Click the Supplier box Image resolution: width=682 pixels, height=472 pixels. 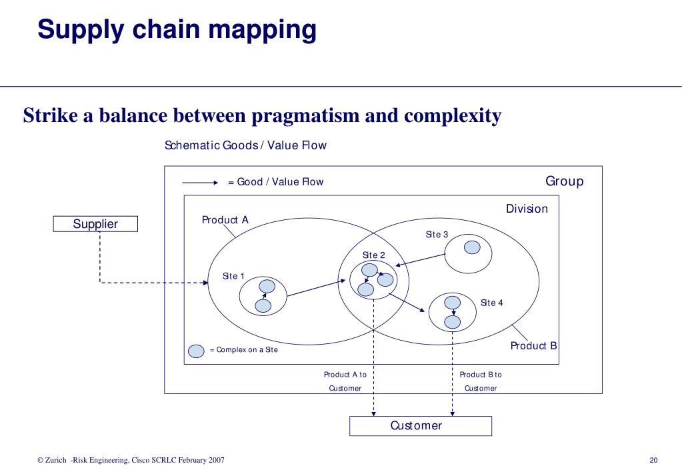tap(95, 224)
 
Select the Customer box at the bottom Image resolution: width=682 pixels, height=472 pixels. tap(420, 425)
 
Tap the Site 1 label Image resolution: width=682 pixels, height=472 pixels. tap(233, 276)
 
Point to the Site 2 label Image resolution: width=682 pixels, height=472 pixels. tap(373, 255)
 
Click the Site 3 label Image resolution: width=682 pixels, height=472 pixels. tap(437, 235)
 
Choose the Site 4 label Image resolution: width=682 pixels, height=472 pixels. tap(492, 303)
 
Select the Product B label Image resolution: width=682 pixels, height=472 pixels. tap(533, 345)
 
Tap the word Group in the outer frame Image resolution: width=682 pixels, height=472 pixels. tap(564, 181)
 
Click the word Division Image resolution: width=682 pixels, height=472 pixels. tap(527, 209)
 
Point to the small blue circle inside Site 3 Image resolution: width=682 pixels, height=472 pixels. tap(472, 247)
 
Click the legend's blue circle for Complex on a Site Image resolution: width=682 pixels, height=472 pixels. tap(197, 351)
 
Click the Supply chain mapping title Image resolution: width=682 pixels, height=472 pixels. tap(177, 30)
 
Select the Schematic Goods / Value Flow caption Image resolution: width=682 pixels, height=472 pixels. tap(245, 145)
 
